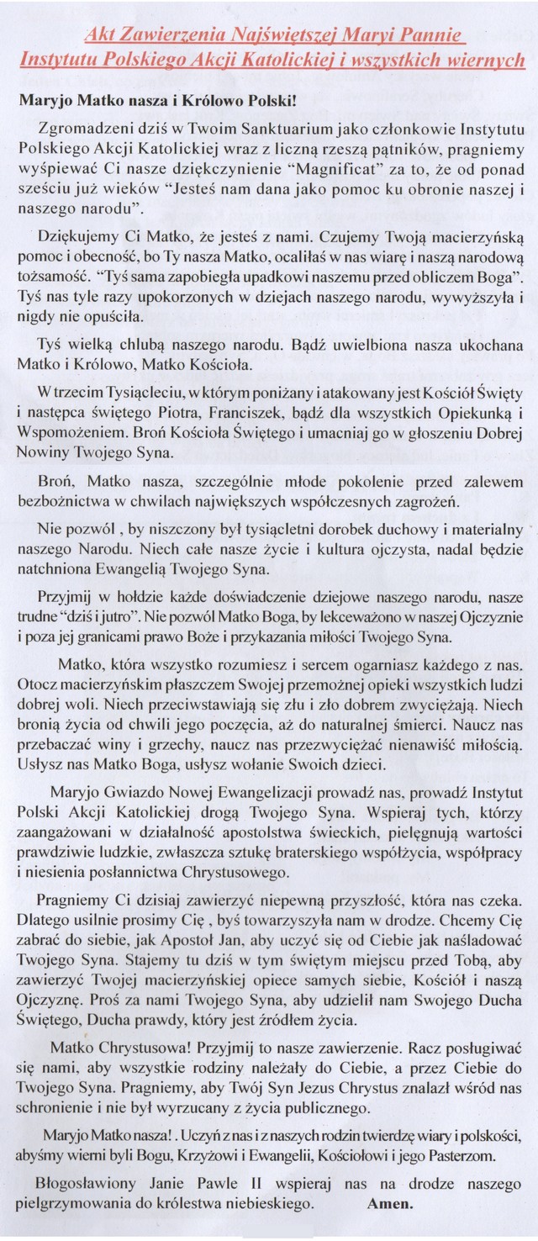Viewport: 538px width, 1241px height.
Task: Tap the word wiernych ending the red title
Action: tap(487, 61)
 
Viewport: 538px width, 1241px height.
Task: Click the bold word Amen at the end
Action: tap(390, 1203)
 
